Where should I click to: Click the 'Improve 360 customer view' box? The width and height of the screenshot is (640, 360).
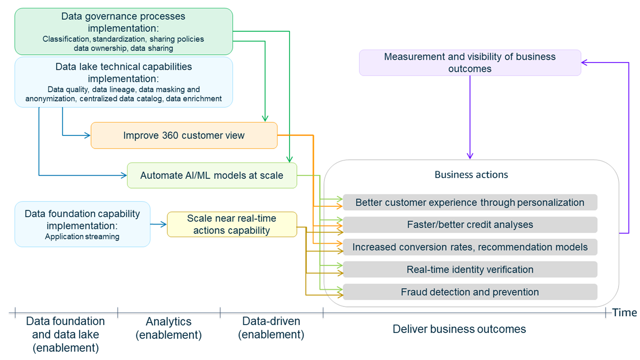(x=184, y=135)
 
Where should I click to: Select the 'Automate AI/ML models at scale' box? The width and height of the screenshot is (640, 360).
(x=211, y=176)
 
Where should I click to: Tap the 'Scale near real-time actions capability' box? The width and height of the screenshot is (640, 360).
(x=232, y=225)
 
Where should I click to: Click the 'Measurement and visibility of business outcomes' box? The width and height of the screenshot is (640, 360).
(x=470, y=63)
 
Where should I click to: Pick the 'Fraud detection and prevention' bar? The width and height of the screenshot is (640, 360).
(x=470, y=292)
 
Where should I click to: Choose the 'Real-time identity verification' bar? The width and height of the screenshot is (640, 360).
(x=470, y=269)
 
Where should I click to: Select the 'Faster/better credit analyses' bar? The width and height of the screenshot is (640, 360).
(x=470, y=225)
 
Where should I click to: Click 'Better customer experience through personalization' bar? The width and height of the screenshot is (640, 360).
(x=470, y=202)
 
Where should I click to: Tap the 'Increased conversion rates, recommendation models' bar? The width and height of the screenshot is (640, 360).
(x=470, y=247)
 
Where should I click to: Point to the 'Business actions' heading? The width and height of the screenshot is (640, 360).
(x=471, y=175)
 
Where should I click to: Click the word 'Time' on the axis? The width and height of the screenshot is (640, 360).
(x=624, y=313)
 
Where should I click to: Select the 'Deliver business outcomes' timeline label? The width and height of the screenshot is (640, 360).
(x=459, y=329)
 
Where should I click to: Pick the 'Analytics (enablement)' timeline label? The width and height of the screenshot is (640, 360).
(x=168, y=328)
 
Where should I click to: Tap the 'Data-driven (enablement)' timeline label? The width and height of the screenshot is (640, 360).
(x=271, y=328)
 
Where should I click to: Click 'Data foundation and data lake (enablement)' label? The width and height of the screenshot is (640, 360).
(x=66, y=334)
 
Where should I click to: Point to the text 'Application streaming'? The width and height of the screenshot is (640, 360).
(x=82, y=237)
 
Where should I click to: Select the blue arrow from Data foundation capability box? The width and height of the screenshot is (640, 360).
(x=158, y=225)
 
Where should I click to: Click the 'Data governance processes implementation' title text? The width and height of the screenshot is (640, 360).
(x=123, y=21)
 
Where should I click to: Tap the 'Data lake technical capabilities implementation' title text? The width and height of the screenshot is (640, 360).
(x=123, y=72)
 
